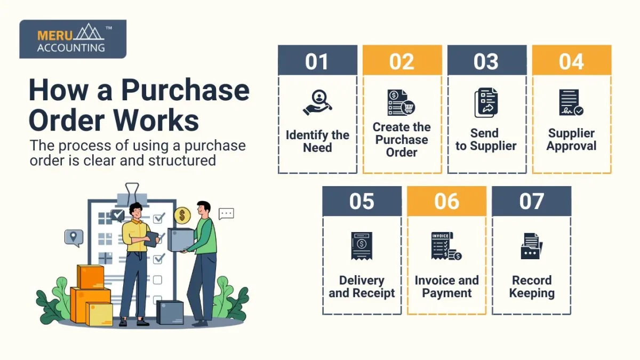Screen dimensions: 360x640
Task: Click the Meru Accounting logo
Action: pos(73,39)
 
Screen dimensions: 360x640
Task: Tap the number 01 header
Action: pos(317,60)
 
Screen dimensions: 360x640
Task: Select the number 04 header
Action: pos(571,60)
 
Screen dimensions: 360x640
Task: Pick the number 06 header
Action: pos(446,201)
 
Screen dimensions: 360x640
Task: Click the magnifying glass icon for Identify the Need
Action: pos(317,102)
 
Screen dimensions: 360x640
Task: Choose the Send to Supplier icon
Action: pos(486,103)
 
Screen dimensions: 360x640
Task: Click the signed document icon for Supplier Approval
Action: pos(571,103)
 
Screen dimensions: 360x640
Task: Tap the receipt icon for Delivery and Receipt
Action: pos(362,246)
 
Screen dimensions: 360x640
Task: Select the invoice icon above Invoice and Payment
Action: pos(446,246)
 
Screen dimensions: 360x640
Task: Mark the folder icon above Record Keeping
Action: pos(531,246)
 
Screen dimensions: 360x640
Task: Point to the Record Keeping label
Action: pos(531,287)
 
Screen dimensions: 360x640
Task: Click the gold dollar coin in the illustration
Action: pos(182,215)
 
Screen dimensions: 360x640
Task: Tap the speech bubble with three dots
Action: pos(226,214)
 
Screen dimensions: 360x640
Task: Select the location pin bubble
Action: pos(74,237)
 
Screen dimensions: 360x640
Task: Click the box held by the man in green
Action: pos(180,240)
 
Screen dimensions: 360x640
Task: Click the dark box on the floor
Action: pos(170,313)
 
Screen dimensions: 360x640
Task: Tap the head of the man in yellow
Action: pos(135,210)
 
